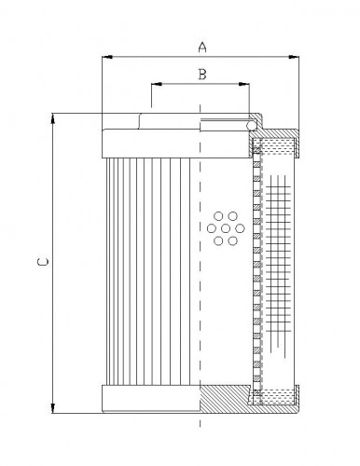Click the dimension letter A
click(x=201, y=44)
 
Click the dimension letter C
click(x=40, y=264)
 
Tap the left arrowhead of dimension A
click(x=105, y=58)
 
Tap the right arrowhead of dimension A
click(x=296, y=58)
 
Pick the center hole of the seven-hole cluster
click(x=223, y=228)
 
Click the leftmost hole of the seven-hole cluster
click(x=211, y=228)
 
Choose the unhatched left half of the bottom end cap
click(x=149, y=398)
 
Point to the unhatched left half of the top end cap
click(x=149, y=142)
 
